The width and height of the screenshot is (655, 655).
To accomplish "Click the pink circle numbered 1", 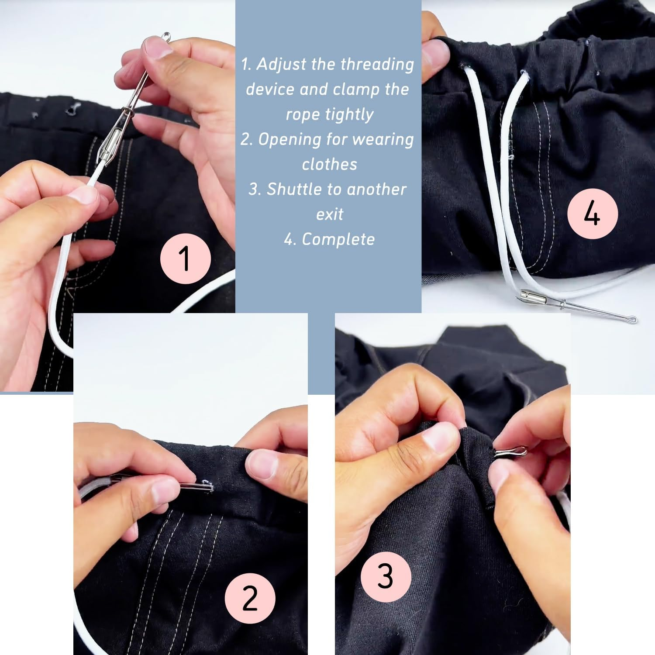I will click(x=186, y=259).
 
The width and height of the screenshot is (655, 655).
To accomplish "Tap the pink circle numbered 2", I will click(x=250, y=598).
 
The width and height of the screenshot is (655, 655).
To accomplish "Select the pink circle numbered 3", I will click(x=386, y=576).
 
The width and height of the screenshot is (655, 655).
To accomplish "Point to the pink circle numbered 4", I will click(x=592, y=214).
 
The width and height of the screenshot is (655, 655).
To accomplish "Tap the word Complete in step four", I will click(x=338, y=239).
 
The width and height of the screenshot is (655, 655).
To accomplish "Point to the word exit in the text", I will click(x=329, y=214).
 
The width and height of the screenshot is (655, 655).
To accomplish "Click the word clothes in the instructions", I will click(x=329, y=164).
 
